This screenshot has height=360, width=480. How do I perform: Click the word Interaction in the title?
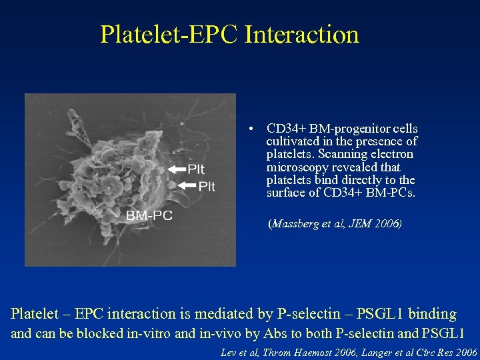pyautogui.click(x=301, y=35)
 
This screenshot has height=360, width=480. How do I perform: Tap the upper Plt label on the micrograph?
pyautogui.click(x=196, y=169)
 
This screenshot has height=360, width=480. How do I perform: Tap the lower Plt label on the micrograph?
pyautogui.click(x=207, y=186)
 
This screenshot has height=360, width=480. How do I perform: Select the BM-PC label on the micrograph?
pyautogui.click(x=149, y=215)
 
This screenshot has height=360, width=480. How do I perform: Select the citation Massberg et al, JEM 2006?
pyautogui.click(x=335, y=225)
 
